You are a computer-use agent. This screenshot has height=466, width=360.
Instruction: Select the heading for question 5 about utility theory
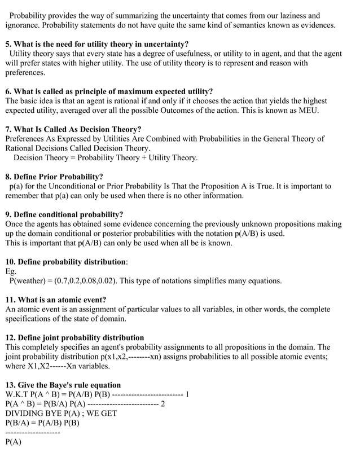97,44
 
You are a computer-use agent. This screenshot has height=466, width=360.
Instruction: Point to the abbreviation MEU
309,111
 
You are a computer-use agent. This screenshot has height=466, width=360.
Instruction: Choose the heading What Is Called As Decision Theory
73,129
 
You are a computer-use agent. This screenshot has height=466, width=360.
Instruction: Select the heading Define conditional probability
64,214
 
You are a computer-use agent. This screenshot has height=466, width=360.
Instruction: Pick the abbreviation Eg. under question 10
11,271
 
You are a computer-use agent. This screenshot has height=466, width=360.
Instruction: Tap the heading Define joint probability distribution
74,337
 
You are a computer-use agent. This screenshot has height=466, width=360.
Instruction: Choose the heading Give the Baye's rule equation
63,385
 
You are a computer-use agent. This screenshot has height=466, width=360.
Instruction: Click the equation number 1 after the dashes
187,394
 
